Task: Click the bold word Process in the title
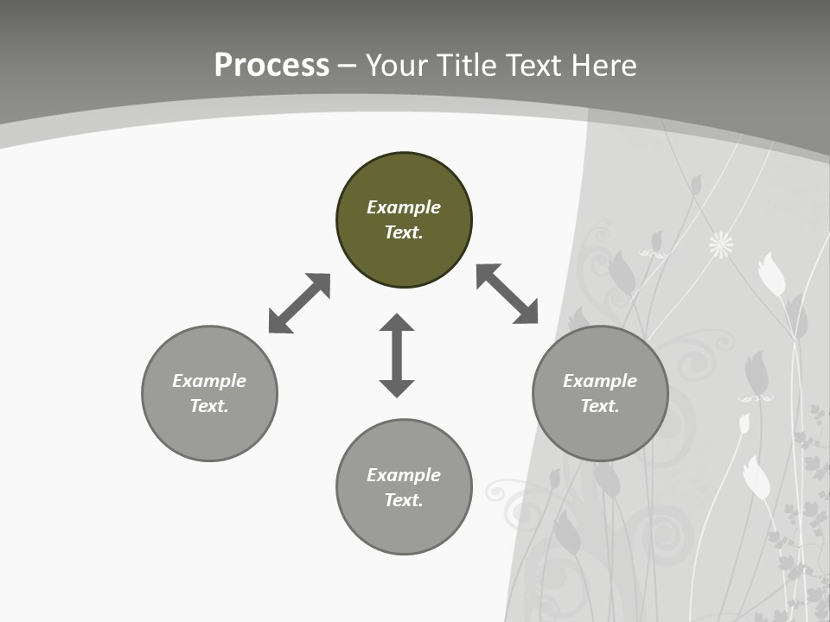[x=271, y=66]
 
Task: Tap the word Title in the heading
[x=471, y=66]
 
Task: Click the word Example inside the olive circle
[x=404, y=207]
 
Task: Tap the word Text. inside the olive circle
[x=404, y=232]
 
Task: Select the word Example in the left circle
[x=209, y=381]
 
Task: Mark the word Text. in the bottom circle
[x=404, y=500]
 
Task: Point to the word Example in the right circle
[x=600, y=381]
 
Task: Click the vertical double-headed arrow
[x=397, y=356]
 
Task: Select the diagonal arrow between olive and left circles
[x=299, y=303]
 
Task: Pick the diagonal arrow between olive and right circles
[x=508, y=294]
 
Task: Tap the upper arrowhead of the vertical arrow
[x=397, y=323]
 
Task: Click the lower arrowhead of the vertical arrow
[x=397, y=388]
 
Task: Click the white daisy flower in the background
[x=721, y=244]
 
